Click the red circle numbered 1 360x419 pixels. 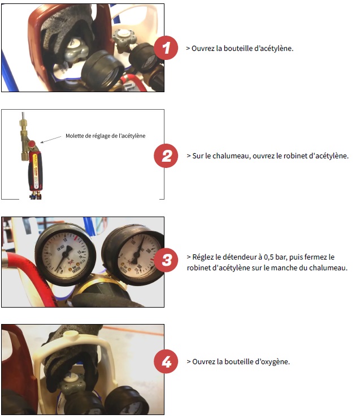(x=166, y=48)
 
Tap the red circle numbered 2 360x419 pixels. (x=166, y=155)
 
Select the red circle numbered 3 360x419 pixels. (x=166, y=260)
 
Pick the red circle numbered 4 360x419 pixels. (x=166, y=361)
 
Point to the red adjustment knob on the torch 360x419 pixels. (x=32, y=144)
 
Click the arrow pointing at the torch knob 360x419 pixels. (x=51, y=140)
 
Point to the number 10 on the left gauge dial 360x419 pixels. (x=65, y=240)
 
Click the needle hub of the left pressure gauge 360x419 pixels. (x=67, y=250)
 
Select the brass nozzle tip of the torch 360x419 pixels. (x=23, y=123)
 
